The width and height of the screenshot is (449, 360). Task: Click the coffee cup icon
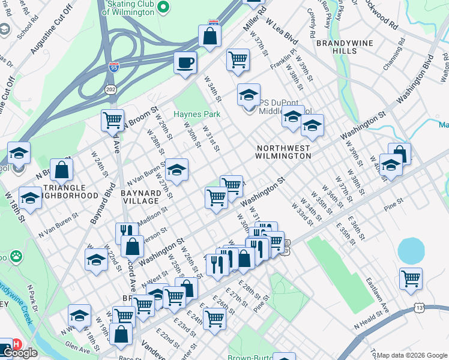point(185,62)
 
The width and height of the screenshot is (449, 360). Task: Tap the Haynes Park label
point(197,114)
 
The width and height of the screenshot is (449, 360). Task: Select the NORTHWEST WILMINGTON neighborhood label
point(284,152)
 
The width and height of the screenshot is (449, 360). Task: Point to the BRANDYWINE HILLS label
point(345,47)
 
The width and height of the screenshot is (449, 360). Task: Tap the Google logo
point(20,353)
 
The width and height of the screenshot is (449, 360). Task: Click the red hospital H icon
point(17,344)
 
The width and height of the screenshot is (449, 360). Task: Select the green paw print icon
point(16,256)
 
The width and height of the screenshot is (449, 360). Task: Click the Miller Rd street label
point(254,21)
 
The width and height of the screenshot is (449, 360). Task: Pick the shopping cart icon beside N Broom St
point(112,120)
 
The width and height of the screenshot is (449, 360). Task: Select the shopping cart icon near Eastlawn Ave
point(411,278)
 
